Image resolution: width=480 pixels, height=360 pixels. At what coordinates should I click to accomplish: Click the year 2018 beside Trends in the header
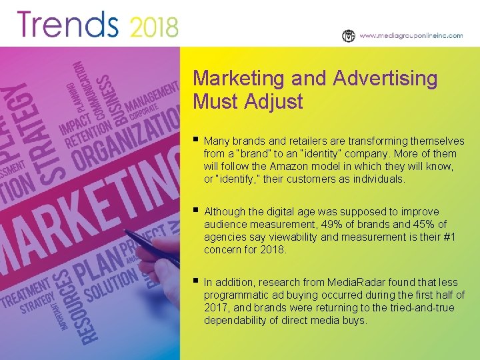pyautogui.click(x=154, y=27)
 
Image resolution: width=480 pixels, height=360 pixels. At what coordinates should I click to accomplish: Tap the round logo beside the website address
pyautogui.click(x=348, y=36)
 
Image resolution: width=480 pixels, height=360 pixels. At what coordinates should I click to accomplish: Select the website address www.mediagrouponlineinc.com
pyautogui.click(x=411, y=36)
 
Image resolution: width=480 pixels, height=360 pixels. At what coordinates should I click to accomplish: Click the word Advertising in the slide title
pyautogui.click(x=385, y=79)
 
